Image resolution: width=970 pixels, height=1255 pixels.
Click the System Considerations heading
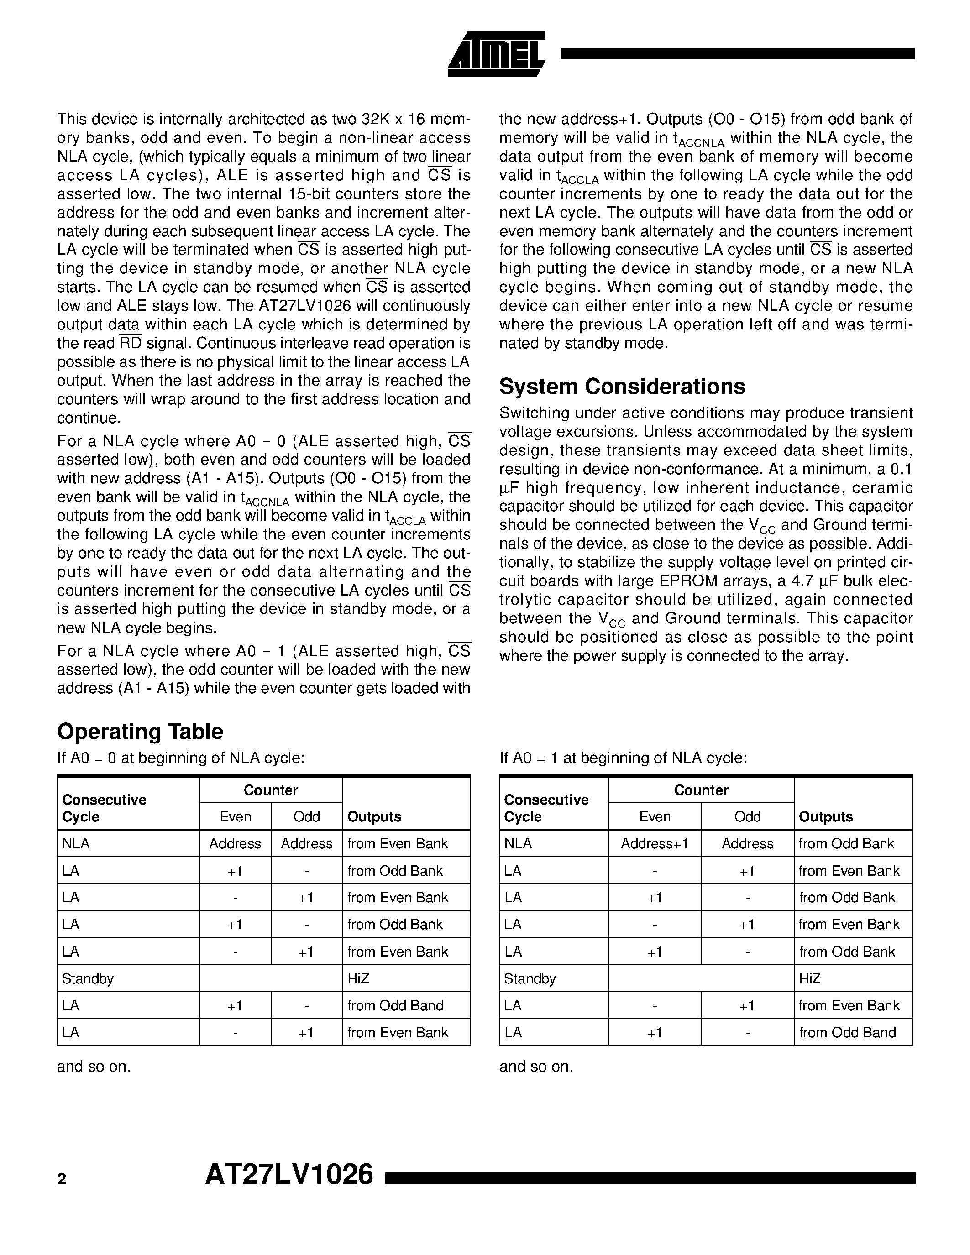(x=622, y=386)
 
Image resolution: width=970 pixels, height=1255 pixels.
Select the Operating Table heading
(x=140, y=732)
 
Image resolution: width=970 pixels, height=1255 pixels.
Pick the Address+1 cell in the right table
(x=654, y=843)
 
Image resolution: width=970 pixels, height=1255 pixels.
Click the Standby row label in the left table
(x=87, y=978)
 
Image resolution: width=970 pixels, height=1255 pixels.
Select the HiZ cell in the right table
(x=809, y=978)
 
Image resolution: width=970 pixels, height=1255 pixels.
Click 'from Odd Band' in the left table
(x=395, y=1006)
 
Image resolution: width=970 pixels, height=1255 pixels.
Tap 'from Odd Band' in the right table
(x=847, y=1033)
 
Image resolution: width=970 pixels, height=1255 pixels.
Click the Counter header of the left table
(x=271, y=790)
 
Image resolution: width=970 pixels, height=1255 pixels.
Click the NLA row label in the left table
(x=75, y=843)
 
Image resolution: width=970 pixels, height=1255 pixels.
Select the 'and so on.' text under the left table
(x=94, y=1067)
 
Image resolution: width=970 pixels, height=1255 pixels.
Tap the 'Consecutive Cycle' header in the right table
(x=546, y=808)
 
